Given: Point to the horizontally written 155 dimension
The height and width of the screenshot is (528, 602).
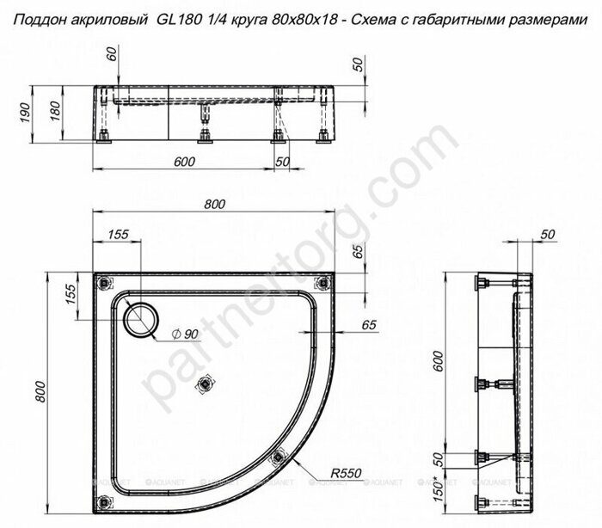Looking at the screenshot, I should (118, 234).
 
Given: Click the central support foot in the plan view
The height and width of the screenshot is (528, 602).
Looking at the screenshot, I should (205, 384).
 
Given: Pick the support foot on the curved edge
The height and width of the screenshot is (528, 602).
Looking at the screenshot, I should (277, 460).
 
